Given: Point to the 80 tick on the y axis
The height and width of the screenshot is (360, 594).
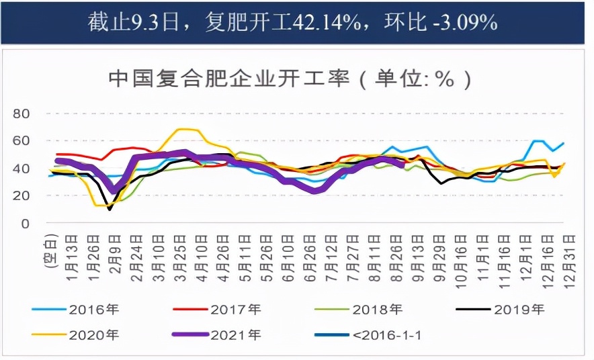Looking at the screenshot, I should click(22, 114).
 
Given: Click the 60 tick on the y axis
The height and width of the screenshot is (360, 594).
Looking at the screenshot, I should click(22, 141).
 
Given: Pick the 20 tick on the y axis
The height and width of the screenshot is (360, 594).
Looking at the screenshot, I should click(22, 195).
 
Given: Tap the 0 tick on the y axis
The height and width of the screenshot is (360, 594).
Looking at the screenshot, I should click(26, 223).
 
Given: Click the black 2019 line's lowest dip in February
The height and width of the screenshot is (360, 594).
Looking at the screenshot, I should click(109, 210).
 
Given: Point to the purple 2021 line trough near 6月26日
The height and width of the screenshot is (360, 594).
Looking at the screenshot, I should click(315, 191).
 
